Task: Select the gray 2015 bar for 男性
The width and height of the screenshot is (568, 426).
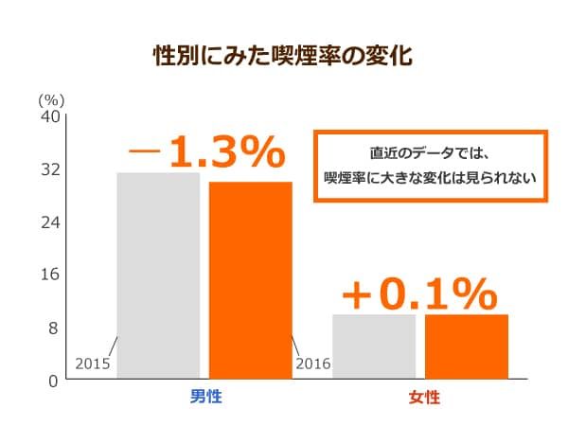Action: pos(158,275)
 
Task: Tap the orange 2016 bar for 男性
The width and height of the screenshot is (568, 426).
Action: pos(250,279)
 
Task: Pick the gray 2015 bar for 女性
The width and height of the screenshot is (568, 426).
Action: pos(374,346)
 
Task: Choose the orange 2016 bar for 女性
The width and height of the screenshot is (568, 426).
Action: pos(466,346)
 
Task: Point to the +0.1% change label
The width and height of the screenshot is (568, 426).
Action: pos(418,294)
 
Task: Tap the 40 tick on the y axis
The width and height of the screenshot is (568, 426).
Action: pos(49,116)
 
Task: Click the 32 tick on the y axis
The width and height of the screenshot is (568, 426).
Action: pos(49,169)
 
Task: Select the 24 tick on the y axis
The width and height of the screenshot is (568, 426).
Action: pos(49,222)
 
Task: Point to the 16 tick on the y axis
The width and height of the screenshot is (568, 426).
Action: pos(49,275)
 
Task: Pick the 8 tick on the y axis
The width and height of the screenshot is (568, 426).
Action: pos(54,328)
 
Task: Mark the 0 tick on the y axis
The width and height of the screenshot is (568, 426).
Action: pos(54,381)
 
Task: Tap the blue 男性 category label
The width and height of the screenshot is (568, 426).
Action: pos(205,397)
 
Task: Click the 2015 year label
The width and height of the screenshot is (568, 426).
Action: pos(93,364)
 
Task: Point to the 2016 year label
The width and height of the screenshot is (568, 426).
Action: pos(313,364)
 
